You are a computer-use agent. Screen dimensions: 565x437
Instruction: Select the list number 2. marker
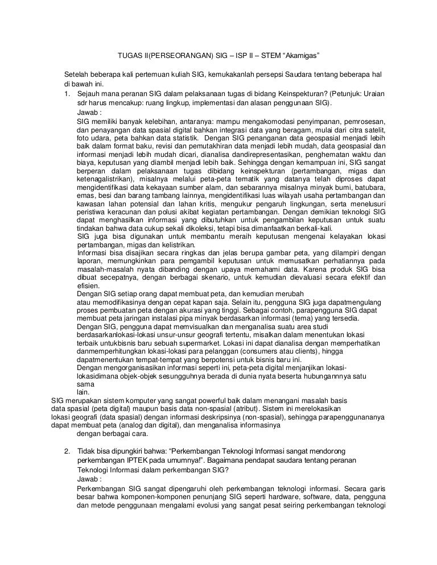pyautogui.click(x=67, y=451)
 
